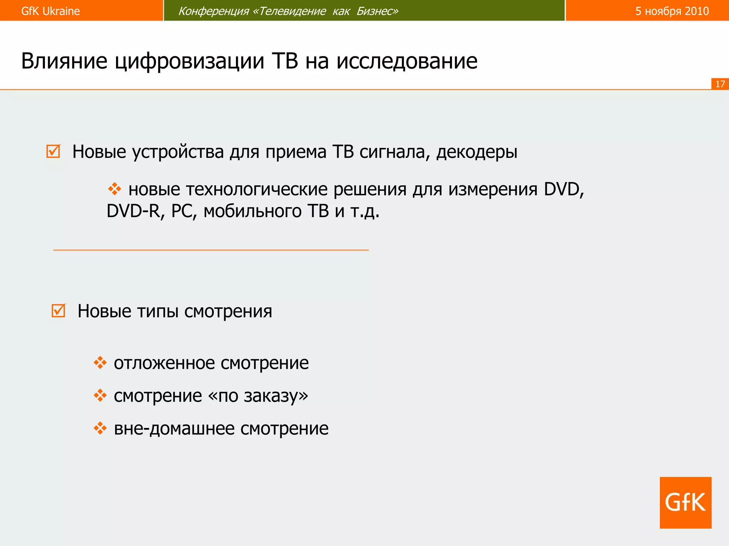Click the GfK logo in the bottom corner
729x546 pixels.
point(685,502)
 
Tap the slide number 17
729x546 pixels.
point(720,84)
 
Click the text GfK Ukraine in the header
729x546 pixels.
point(50,11)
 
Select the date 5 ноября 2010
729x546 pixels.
point(672,11)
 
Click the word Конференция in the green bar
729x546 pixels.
point(213,11)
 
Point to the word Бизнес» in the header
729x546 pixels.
point(377,11)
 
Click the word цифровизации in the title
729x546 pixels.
point(189,61)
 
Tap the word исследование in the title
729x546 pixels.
point(407,61)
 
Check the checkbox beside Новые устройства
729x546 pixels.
point(53,151)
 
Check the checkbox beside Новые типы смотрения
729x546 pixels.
point(58,311)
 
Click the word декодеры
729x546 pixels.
point(477,152)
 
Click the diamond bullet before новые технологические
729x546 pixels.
point(114,189)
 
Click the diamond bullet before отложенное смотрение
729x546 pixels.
point(100,363)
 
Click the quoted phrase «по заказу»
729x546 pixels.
point(258,396)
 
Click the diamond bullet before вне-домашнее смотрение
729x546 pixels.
point(100,428)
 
